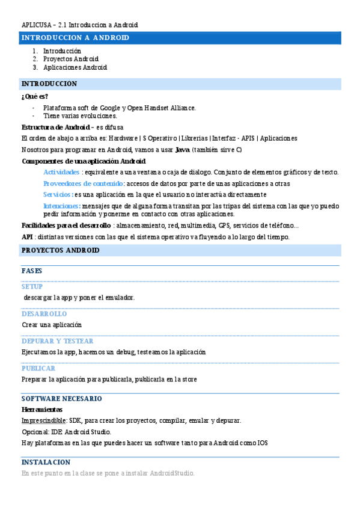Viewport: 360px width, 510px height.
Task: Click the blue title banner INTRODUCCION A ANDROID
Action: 76,38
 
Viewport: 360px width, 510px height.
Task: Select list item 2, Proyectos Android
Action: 71,60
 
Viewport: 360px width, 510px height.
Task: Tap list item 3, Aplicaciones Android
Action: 75,68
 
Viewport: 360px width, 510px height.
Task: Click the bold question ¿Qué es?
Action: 35,96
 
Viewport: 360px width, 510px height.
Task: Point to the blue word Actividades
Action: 62,172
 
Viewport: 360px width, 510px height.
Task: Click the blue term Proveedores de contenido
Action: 84,183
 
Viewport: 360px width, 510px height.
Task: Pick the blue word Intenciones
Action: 62,206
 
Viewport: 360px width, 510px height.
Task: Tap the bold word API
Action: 27,237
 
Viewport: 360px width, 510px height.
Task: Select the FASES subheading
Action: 32,271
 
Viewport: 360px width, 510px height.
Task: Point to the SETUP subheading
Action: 32,287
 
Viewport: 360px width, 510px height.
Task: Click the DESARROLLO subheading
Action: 44,314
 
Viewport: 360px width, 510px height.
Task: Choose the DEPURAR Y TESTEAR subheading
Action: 58,341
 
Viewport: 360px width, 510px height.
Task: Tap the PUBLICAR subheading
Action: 38,368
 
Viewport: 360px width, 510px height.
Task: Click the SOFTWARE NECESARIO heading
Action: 61,399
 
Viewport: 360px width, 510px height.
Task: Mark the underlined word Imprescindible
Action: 44,420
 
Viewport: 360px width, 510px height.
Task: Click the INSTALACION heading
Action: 46,462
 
